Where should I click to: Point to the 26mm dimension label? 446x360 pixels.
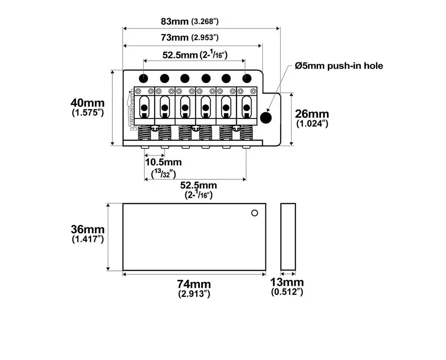(x=312, y=114)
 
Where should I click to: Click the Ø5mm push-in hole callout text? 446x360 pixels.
(x=339, y=66)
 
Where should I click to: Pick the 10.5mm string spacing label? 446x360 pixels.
(x=163, y=162)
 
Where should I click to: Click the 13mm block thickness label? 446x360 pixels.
(x=287, y=282)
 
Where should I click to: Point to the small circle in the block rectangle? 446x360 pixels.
(x=255, y=213)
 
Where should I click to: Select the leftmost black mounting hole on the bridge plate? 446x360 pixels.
(x=144, y=78)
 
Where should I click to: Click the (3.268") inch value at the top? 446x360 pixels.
(x=205, y=21)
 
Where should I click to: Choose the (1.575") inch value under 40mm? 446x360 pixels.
(x=88, y=113)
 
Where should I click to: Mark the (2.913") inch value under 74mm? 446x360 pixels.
(x=194, y=294)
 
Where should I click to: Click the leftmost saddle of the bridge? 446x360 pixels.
(x=144, y=107)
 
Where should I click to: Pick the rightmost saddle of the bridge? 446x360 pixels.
(x=247, y=107)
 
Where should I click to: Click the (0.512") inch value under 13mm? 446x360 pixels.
(x=287, y=292)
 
